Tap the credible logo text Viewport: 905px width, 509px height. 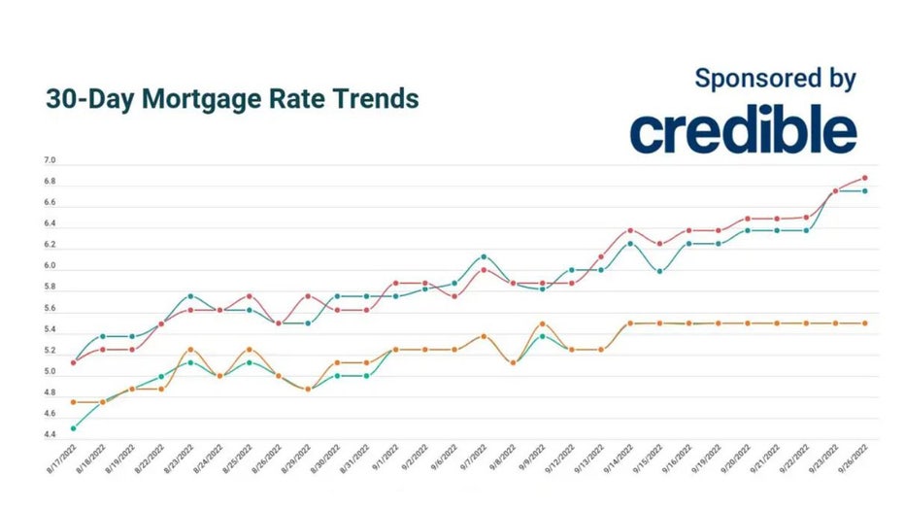pos(743,130)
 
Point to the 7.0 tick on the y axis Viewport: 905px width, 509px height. pos(50,160)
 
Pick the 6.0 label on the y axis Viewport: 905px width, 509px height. pos(50,266)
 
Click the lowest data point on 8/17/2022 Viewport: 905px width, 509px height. pos(74,428)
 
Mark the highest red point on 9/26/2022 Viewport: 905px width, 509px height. pos(864,178)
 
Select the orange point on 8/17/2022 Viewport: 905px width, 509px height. pos(74,402)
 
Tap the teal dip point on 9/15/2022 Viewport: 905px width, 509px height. pos(660,271)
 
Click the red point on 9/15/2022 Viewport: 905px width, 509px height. pos(660,244)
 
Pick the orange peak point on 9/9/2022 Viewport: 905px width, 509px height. pos(543,323)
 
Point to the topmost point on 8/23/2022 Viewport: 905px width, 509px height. pos(190,296)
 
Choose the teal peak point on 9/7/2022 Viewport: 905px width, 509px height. pos(484,257)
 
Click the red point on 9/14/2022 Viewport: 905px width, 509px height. pos(630,230)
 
